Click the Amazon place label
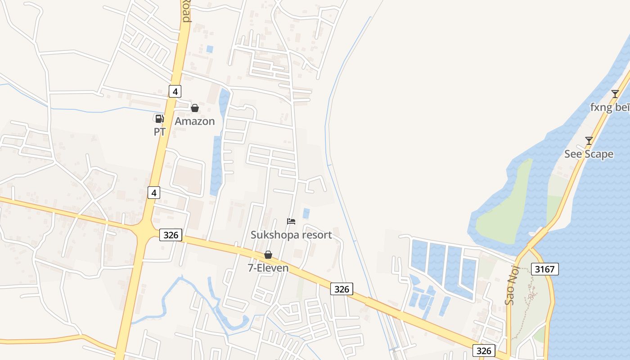pyautogui.click(x=194, y=121)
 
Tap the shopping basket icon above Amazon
pyautogui.click(x=195, y=108)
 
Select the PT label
pyautogui.click(x=160, y=132)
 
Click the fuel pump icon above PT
pyautogui.click(x=159, y=119)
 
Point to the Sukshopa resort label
pyautogui.click(x=291, y=234)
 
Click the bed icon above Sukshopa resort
pyautogui.click(x=291, y=221)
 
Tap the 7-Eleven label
pyautogui.click(x=268, y=268)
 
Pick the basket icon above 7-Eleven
pyautogui.click(x=268, y=255)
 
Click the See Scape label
pyautogui.click(x=589, y=154)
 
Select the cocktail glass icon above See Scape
pyautogui.click(x=589, y=141)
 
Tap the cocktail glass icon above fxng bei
pyautogui.click(x=615, y=94)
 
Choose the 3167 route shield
pyautogui.click(x=544, y=269)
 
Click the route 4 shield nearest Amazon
pyautogui.click(x=175, y=91)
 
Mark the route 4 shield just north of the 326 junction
pyautogui.click(x=154, y=193)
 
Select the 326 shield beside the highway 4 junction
pyautogui.click(x=171, y=234)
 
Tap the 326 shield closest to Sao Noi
pyautogui.click(x=484, y=351)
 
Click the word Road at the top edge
pyautogui.click(x=186, y=11)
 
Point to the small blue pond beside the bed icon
pyautogui.click(x=306, y=213)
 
